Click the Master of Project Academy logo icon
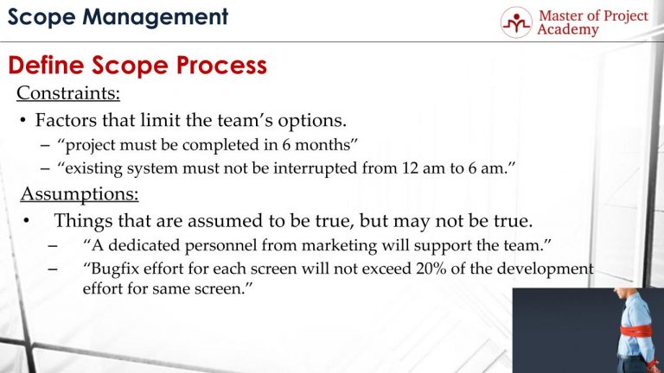(516, 22)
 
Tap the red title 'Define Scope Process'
(137, 66)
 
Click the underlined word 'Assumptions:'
(79, 193)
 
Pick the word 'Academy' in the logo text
(567, 29)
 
